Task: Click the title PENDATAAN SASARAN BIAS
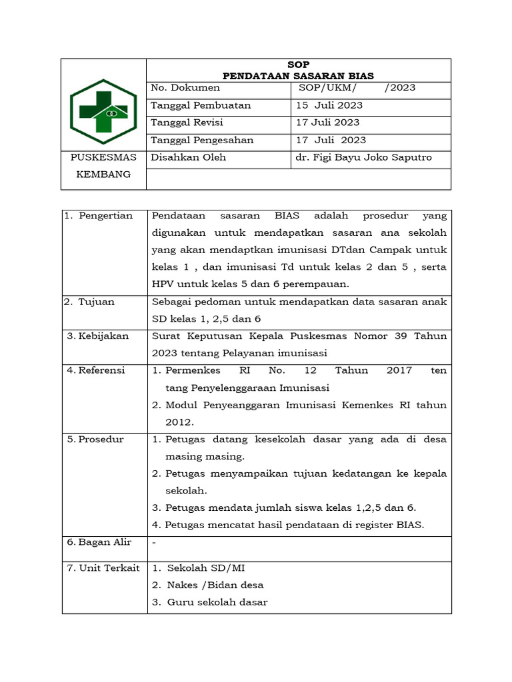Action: coord(298,75)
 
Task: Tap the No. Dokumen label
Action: coord(185,88)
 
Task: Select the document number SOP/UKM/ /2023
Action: coord(357,88)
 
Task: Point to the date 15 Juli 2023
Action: coord(329,105)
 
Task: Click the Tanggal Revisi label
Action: coord(187,123)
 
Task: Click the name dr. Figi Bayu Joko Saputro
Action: coord(364,158)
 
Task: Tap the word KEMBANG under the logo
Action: coord(103,174)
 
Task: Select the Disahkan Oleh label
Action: coord(189,158)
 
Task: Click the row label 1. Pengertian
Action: coord(99,216)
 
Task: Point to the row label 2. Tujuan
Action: coord(90,302)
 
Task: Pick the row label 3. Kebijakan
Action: coord(98,336)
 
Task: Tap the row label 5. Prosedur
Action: coord(95,440)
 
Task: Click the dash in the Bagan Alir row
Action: coord(155,542)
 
